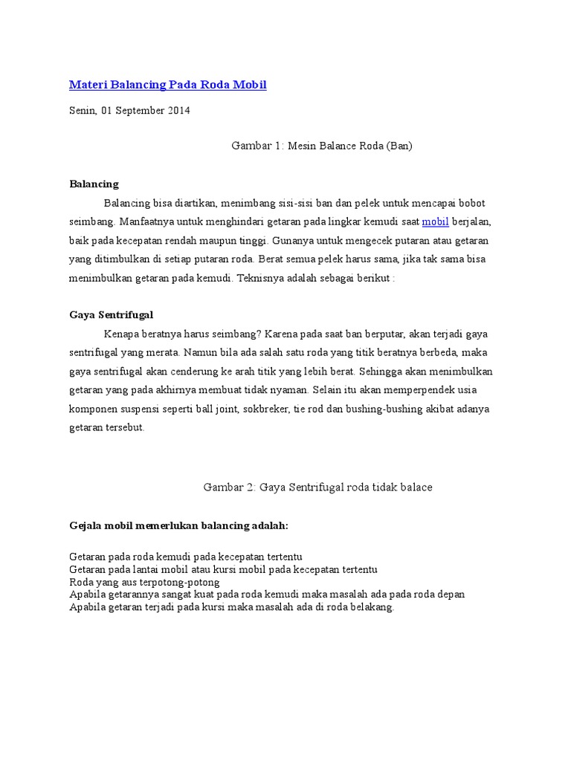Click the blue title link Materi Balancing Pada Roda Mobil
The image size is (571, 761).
[167, 85]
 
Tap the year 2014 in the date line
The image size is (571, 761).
[178, 111]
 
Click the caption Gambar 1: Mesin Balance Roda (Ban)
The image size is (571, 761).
[321, 146]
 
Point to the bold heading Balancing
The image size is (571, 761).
[94, 184]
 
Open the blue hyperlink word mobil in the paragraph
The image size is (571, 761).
[435, 221]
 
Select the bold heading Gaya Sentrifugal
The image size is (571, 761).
[111, 315]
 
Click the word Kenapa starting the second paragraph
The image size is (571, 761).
[123, 334]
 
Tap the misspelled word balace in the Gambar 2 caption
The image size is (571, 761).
[416, 487]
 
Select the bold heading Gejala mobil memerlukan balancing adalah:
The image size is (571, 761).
[178, 525]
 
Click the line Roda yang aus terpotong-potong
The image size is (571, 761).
[143, 582]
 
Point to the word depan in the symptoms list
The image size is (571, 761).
[451, 595]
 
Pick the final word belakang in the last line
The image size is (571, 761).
[370, 607]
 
